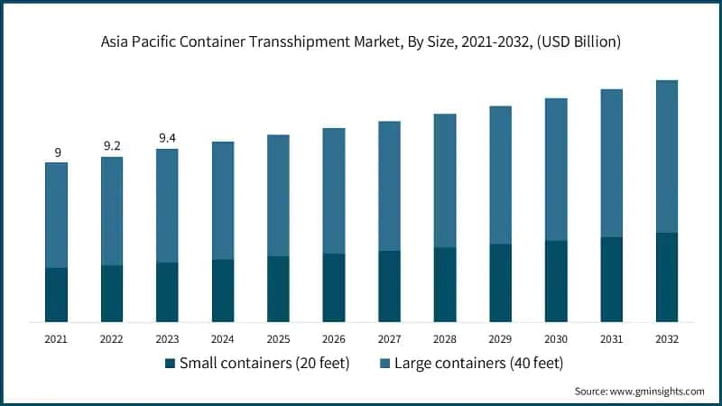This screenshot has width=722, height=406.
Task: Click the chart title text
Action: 361,42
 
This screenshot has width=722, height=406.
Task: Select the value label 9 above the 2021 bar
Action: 57,152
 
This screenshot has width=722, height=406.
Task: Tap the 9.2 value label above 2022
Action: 112,144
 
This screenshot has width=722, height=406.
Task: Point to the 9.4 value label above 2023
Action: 167,137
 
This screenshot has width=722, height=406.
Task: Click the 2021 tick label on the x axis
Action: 57,338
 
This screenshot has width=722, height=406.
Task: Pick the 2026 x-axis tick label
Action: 334,338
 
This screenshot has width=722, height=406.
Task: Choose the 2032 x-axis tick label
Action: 666,338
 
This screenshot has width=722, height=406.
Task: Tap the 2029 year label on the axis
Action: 500,338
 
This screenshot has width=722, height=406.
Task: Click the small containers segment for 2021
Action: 57,294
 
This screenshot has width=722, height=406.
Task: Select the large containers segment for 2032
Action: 666,156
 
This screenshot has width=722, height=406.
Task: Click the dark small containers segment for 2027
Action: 389,286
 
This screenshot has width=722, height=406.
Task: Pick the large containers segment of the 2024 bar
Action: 223,200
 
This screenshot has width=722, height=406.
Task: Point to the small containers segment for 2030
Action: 556,281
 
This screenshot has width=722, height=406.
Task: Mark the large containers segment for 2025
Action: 278,196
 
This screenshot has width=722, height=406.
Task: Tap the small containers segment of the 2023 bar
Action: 167,291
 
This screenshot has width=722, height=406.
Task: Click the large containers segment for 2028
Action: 445,180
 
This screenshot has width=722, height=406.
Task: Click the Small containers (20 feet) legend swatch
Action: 170,364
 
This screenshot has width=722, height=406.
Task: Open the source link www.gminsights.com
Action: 658,392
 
